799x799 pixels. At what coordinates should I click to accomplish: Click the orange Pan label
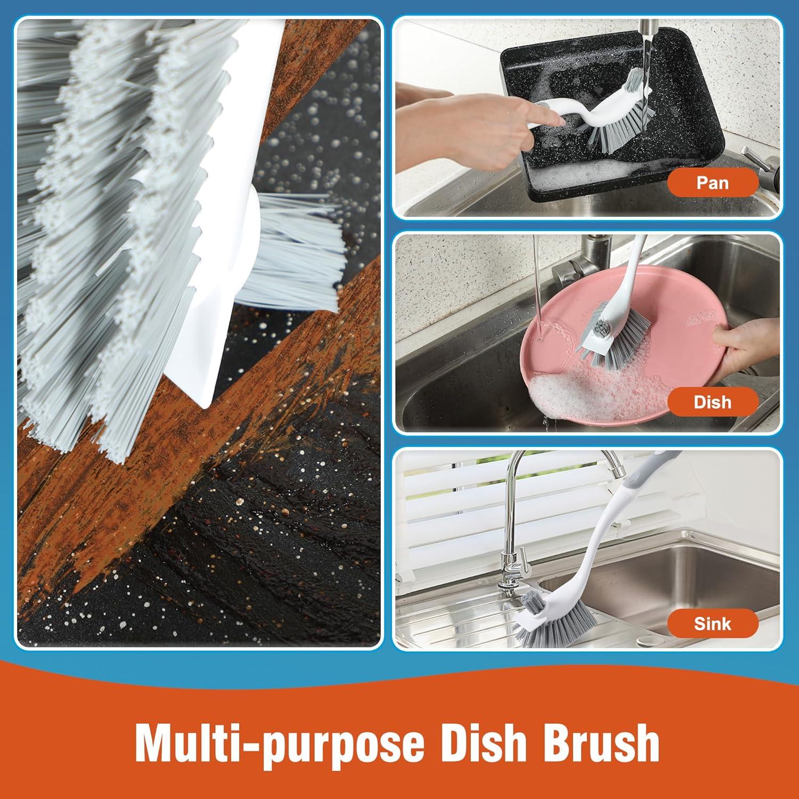(712, 183)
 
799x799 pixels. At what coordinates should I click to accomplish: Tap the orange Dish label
(712, 402)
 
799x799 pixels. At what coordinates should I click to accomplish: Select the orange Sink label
(712, 623)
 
